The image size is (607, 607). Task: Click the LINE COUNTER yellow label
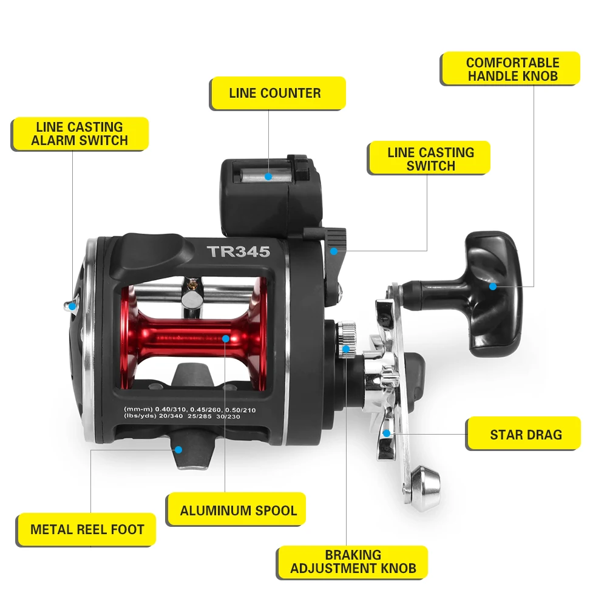[277, 93]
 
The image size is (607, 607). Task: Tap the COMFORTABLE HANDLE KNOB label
[510, 69]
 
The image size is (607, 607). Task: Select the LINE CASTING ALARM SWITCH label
[80, 134]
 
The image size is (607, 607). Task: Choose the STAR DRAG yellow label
[524, 435]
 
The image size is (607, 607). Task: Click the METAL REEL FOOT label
[87, 529]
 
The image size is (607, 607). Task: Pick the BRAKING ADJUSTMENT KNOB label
[353, 561]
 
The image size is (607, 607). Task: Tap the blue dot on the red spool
[225, 338]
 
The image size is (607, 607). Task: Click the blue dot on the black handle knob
[493, 286]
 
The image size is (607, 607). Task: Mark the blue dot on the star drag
[386, 433]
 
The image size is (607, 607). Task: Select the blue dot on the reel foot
[178, 449]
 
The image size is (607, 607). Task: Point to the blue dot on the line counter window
[268, 177]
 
